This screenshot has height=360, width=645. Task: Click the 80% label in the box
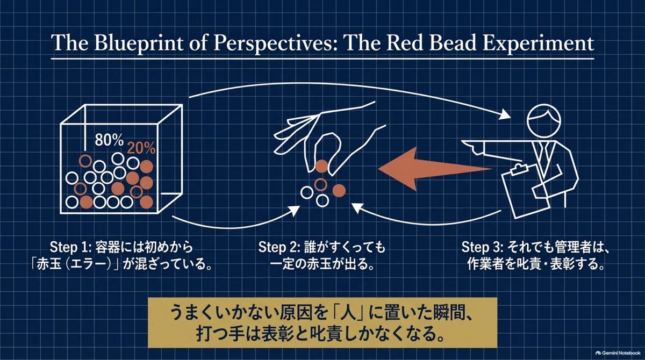pyautogui.click(x=109, y=140)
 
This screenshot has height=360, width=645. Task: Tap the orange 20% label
pyautogui.click(x=141, y=148)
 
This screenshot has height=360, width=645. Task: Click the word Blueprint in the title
pyautogui.click(x=138, y=43)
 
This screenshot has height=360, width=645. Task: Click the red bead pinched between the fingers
pyautogui.click(x=321, y=167)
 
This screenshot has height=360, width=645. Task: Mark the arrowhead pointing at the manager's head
pyautogui.click(x=505, y=115)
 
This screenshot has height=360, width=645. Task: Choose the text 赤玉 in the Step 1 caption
pyautogui.click(x=49, y=264)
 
